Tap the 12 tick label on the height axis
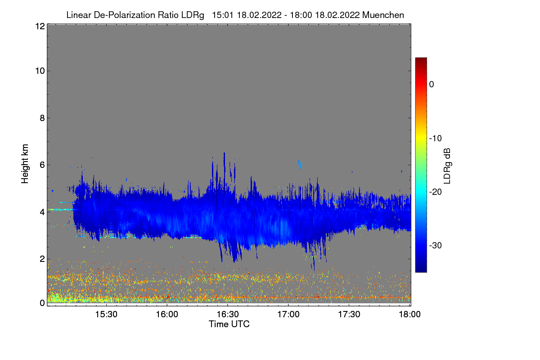point(40,27)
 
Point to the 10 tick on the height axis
point(40,71)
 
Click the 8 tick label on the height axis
point(42,118)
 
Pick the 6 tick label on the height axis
point(42,165)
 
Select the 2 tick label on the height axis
point(42,258)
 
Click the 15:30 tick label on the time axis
point(106,315)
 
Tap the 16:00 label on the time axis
point(167,315)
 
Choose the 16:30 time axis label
point(228,315)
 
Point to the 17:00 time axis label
point(288,315)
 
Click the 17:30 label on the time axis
point(349,315)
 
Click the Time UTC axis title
point(229,324)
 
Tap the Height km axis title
point(25,163)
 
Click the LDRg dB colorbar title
point(447,165)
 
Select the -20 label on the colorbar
point(435,192)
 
